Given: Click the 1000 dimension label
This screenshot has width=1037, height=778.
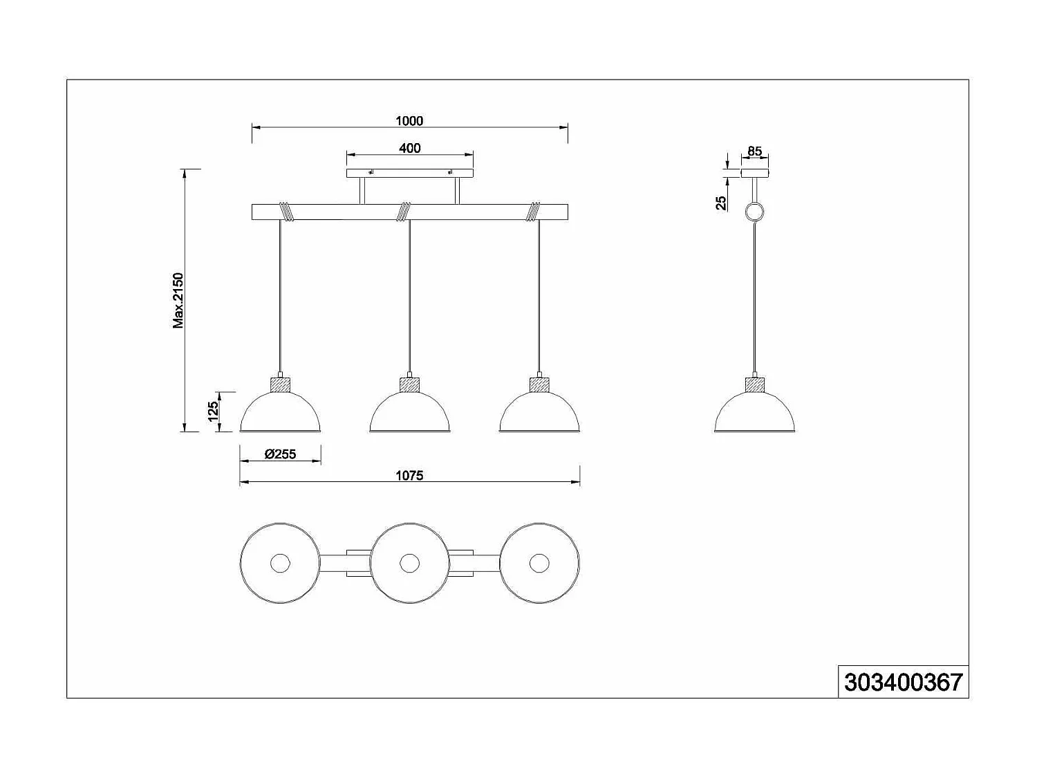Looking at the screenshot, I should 409,121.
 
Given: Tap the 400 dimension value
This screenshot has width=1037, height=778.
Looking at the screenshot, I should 410,148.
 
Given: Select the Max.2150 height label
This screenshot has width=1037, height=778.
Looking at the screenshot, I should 179,300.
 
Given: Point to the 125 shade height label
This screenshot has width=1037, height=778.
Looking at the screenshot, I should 214,410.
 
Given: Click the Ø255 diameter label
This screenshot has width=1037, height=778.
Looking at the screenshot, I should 280,454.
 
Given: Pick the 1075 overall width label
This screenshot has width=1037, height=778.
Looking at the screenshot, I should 409,476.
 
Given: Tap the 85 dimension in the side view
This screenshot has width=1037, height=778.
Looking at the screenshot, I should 754,151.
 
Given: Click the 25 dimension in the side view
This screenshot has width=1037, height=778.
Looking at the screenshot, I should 721,202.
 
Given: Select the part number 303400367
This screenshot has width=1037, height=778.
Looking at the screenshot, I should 903,683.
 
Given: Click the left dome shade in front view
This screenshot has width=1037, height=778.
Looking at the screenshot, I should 280,413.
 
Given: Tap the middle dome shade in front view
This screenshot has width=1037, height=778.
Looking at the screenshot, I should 410,413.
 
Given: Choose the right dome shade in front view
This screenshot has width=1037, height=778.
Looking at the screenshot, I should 539,413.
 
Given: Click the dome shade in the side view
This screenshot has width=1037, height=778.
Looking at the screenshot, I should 754,413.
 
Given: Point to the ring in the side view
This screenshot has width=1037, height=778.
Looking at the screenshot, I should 754,212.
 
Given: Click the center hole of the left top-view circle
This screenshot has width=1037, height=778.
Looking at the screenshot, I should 280,563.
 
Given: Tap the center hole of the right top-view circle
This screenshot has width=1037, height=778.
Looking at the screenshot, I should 539,563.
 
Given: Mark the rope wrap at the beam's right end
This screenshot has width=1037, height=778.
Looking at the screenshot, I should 534,211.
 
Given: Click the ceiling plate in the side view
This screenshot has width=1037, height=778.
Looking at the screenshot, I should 754,173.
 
